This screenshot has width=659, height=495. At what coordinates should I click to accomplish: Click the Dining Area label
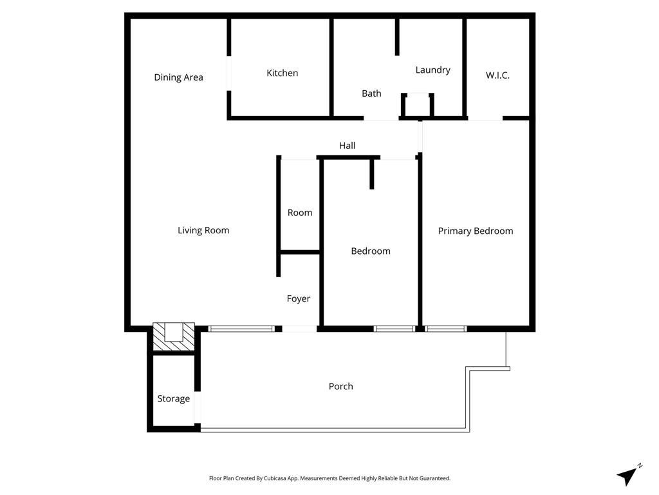(x=178, y=77)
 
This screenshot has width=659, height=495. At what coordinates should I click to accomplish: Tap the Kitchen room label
(x=282, y=73)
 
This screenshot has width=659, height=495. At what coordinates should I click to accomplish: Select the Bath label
(x=371, y=93)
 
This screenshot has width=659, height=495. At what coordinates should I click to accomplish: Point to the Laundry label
(x=432, y=70)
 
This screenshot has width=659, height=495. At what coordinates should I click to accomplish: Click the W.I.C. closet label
(x=497, y=75)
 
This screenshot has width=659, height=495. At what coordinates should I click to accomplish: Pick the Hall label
(x=347, y=146)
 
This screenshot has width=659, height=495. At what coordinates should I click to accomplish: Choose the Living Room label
(x=203, y=230)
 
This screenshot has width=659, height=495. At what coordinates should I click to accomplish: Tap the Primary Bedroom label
(x=476, y=231)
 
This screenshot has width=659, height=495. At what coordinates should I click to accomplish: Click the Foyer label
(x=298, y=298)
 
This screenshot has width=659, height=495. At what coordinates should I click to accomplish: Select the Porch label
(x=340, y=386)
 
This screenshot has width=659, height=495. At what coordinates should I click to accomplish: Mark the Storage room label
(x=174, y=398)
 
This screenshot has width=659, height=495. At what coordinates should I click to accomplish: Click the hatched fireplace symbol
(x=173, y=336)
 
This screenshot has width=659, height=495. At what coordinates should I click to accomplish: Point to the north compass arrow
(x=629, y=476)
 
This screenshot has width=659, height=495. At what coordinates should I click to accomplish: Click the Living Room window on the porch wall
(x=241, y=329)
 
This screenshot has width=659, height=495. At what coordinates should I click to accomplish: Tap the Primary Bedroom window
(x=445, y=329)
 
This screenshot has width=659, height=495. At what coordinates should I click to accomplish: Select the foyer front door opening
(x=299, y=329)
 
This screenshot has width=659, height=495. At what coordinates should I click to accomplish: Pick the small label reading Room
(x=300, y=213)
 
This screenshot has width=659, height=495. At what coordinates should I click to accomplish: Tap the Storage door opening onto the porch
(x=198, y=407)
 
